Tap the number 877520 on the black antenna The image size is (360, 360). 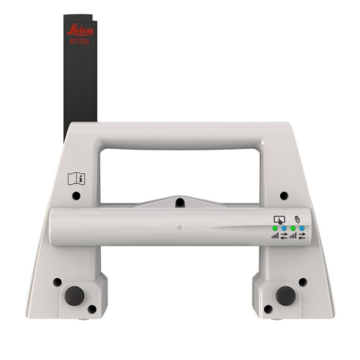[x=80, y=42]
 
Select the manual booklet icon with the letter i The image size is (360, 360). [x=77, y=179]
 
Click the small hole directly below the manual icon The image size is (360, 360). [x=76, y=196]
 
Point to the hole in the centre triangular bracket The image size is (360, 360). [x=179, y=202]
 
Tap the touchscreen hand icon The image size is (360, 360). [x=279, y=219]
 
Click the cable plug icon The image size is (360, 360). [x=297, y=218]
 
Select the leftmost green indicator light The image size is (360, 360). [x=276, y=228]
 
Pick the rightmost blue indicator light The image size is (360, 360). [x=302, y=228]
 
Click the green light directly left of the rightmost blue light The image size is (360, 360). [x=293, y=228]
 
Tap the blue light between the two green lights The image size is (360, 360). [x=284, y=228]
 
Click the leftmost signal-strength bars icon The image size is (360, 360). [x=276, y=236]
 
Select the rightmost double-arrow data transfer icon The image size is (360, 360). [x=302, y=236]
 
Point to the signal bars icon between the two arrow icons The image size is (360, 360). [x=293, y=236]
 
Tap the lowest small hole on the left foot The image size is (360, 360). [x=92, y=309]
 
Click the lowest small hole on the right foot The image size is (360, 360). [x=268, y=309]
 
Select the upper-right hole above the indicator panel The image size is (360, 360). [x=284, y=196]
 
